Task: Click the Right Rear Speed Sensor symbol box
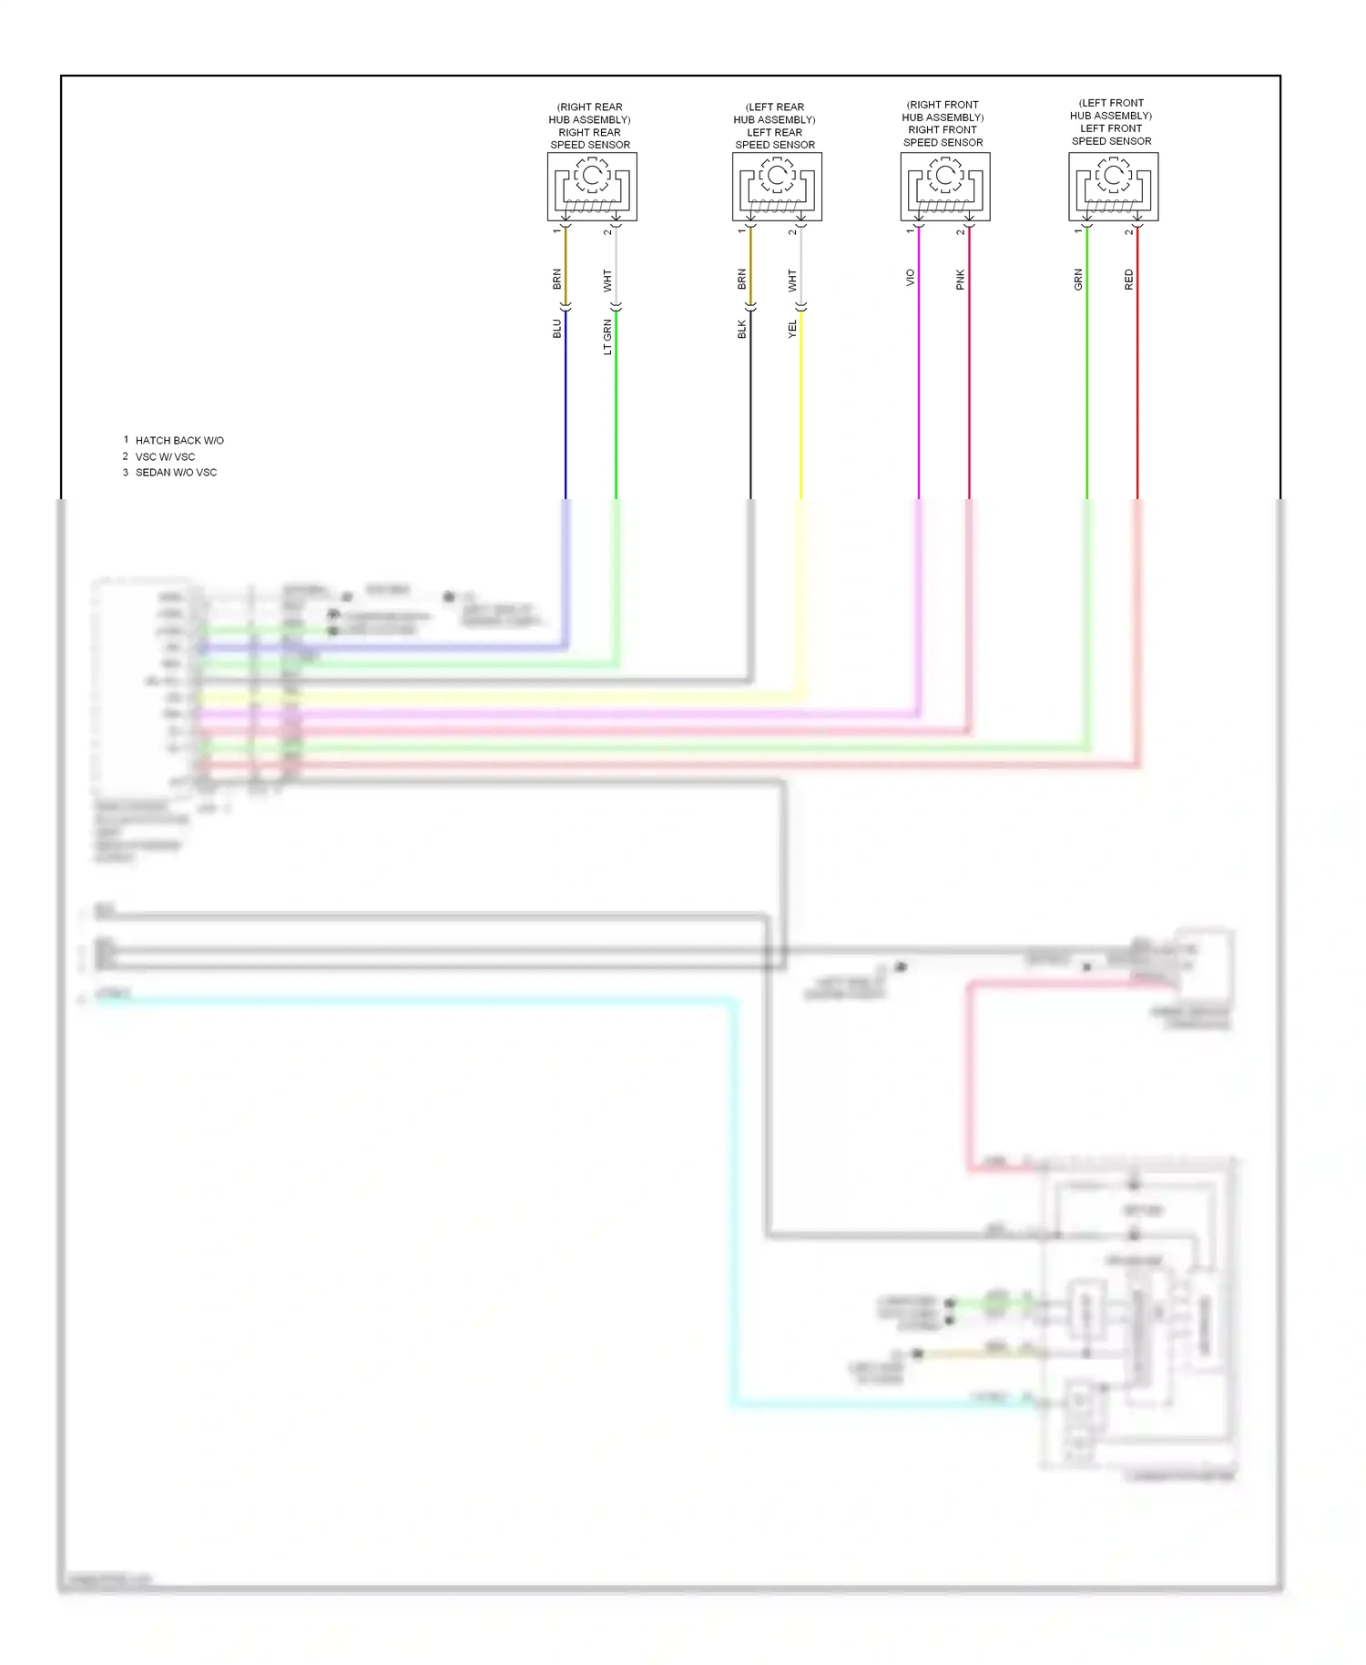point(592,187)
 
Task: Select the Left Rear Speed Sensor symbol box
point(777,187)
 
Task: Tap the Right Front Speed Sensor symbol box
point(945,187)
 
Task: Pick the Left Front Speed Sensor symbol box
point(1113,187)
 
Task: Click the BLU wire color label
point(557,329)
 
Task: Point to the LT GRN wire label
point(607,337)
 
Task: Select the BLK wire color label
point(742,329)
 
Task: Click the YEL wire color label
point(792,329)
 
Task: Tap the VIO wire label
point(910,278)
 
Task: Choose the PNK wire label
point(960,280)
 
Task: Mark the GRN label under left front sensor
point(1078,280)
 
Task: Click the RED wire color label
point(1128,280)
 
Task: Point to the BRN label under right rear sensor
point(557,279)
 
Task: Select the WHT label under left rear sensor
point(792,280)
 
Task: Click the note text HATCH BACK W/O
point(179,441)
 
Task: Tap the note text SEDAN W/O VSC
point(176,473)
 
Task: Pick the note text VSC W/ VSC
point(165,457)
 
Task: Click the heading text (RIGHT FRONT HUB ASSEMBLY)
point(943,111)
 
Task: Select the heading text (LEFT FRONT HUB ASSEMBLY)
point(1111,109)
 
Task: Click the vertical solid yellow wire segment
point(801,410)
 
